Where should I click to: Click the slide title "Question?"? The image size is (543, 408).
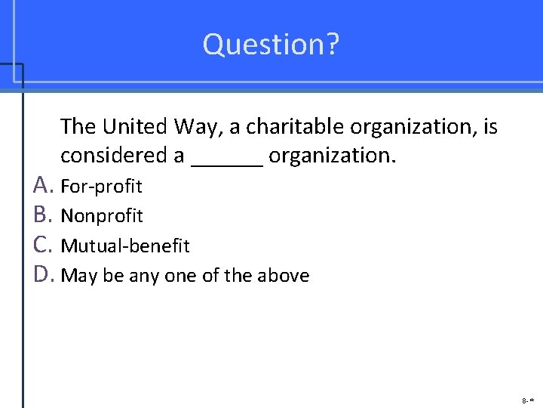coord(271,45)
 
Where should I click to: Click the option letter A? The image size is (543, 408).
coord(42,185)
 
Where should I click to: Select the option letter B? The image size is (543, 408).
coord(42,215)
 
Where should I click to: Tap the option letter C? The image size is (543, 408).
coord(42,246)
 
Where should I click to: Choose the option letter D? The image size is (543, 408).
coord(43,275)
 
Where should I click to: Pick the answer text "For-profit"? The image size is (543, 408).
coord(101,186)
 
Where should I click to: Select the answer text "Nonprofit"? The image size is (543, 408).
coord(102,216)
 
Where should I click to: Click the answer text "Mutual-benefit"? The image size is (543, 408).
coord(125,246)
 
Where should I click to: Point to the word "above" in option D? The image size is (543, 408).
coord(284,276)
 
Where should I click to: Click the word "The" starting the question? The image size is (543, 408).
coord(78,126)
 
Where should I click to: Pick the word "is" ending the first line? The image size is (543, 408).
coord(490,126)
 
